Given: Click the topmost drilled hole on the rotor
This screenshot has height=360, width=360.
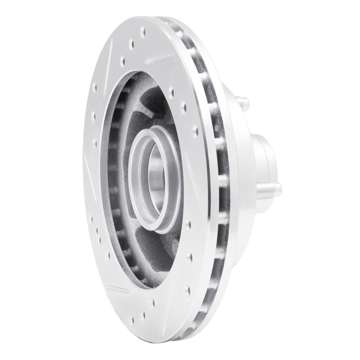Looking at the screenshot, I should pos(143,32).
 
